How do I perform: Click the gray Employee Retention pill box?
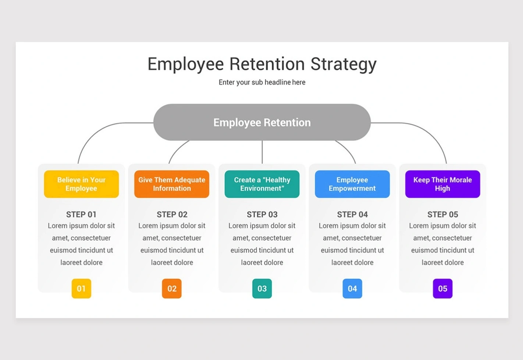[262, 122]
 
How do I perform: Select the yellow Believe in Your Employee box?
[81, 184]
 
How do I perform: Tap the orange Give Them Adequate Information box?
[172, 184]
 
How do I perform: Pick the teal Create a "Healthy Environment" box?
[262, 184]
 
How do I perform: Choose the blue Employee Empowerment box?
[352, 184]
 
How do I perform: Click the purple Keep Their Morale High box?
[443, 184]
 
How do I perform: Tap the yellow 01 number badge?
[81, 289]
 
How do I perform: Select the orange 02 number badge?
[172, 289]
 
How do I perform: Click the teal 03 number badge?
[262, 289]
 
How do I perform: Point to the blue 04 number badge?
[352, 289]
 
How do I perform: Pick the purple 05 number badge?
[443, 289]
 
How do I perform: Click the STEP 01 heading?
[81, 215]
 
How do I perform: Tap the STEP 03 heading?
[262, 215]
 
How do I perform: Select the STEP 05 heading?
[443, 215]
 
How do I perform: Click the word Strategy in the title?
[344, 64]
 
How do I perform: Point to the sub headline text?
[262, 82]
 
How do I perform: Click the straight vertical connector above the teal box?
[262, 152]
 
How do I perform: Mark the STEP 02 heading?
[172, 215]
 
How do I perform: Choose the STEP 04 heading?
[352, 215]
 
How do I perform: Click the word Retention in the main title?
[267, 64]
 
